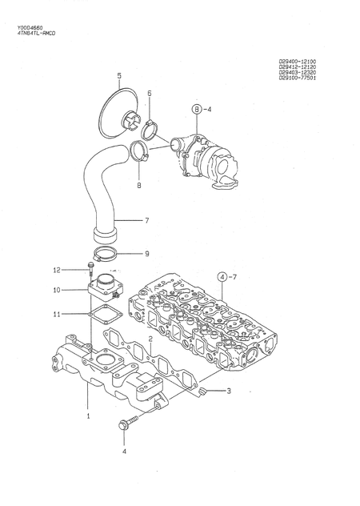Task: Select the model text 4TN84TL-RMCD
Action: point(37,34)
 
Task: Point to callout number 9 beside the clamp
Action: point(146,254)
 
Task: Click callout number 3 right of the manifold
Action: point(228,392)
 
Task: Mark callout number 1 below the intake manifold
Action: point(88,416)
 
